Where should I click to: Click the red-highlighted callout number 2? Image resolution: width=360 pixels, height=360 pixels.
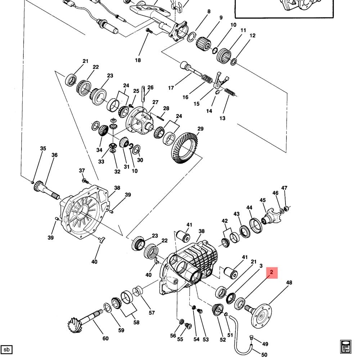click(x=272, y=273)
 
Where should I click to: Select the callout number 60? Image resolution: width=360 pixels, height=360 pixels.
click(x=105, y=338)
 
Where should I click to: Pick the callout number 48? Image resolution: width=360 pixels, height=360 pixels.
click(x=289, y=283)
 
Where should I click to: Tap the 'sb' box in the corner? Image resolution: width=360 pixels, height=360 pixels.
click(x=6, y=349)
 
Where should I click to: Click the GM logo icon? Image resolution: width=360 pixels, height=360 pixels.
click(x=345, y=346)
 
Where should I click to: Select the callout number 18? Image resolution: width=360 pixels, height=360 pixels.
click(x=138, y=60)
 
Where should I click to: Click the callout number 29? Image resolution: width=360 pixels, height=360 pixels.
click(x=201, y=129)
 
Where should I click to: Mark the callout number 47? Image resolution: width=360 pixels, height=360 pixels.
click(x=284, y=188)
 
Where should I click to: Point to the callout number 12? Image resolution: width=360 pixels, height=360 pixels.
click(x=252, y=36)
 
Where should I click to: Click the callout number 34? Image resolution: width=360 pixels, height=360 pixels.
click(x=99, y=150)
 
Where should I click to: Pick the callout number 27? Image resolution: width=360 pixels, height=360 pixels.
click(x=155, y=102)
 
